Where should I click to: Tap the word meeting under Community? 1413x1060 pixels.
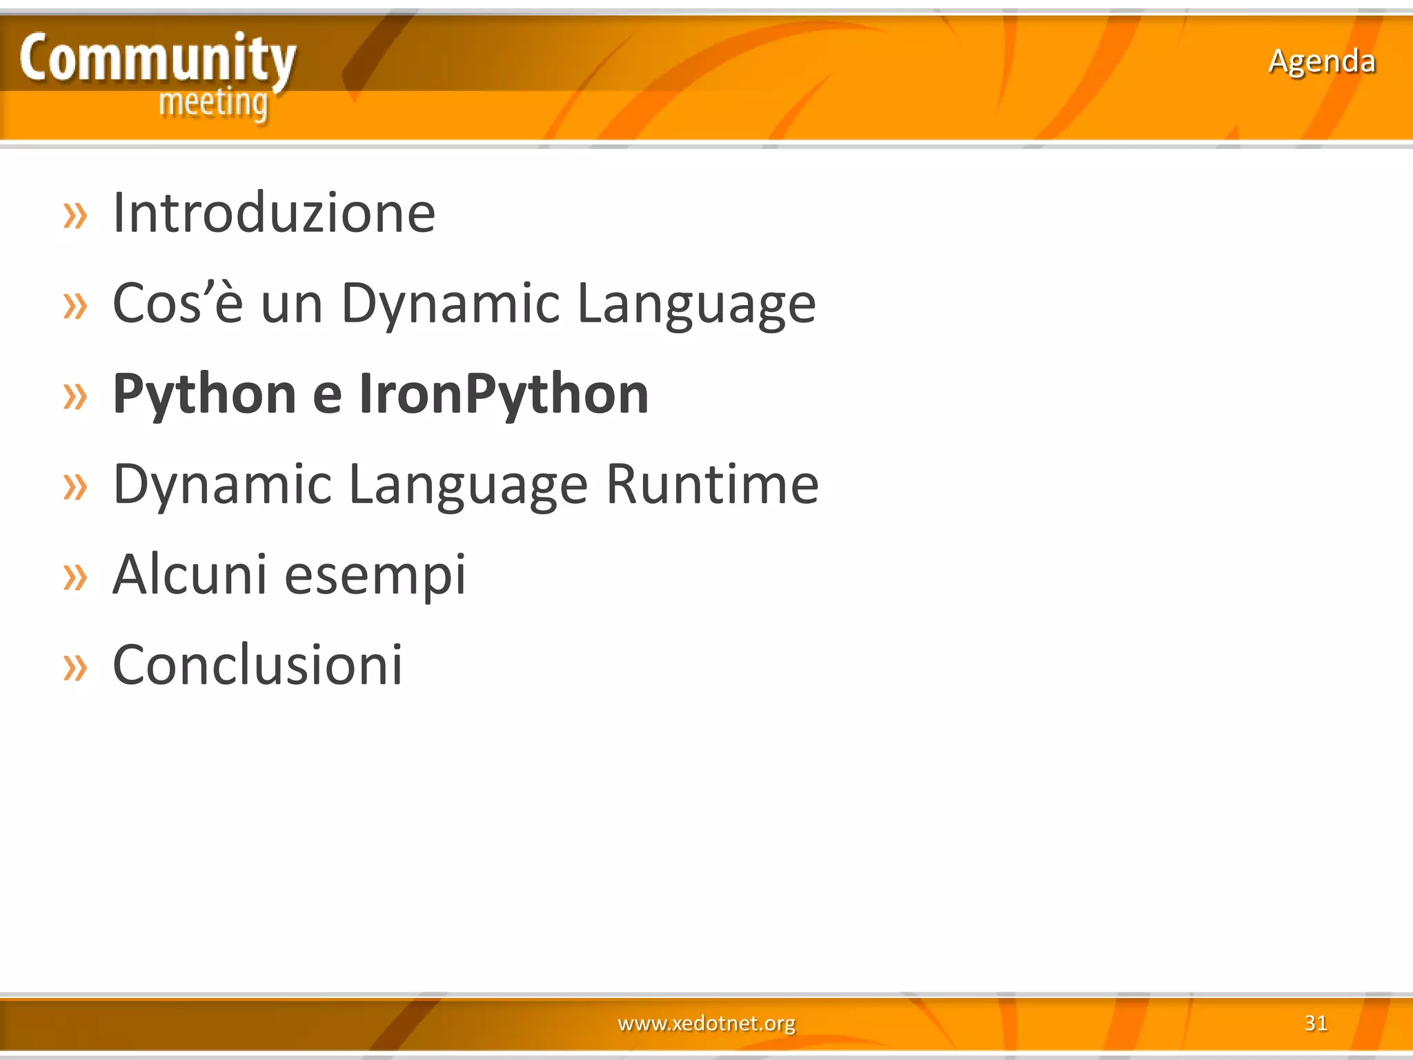pos(213,104)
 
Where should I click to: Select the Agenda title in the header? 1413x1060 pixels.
pos(1321,61)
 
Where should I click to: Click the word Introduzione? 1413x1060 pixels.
pos(274,213)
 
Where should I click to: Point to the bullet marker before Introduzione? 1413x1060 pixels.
pos(75,216)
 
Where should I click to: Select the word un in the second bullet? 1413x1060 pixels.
pos(292,305)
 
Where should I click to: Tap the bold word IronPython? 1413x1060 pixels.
pos(504,394)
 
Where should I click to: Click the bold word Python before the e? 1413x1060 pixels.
pos(205,394)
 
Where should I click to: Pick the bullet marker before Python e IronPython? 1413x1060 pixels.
pos(75,397)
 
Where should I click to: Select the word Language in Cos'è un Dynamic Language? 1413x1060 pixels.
pos(696,304)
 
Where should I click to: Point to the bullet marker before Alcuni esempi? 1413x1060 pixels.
pos(75,578)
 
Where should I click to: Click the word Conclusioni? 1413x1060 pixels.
pos(257,665)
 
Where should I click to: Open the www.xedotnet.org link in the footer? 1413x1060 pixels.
pos(706,1023)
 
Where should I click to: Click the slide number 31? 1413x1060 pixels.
pos(1316,1023)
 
